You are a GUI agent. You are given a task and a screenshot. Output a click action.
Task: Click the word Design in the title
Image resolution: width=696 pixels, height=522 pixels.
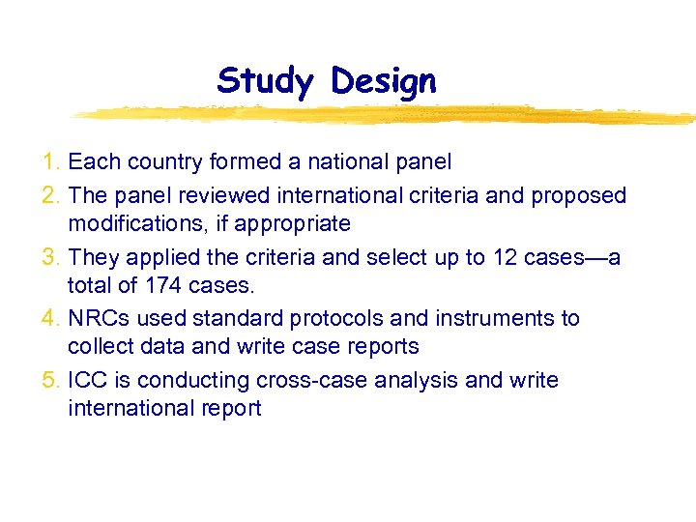click(383, 81)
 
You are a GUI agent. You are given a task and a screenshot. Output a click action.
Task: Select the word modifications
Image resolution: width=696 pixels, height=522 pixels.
click(128, 224)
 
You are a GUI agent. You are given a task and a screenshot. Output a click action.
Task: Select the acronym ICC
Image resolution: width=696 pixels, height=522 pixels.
click(88, 381)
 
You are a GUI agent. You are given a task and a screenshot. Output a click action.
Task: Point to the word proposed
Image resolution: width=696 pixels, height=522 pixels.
click(577, 196)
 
